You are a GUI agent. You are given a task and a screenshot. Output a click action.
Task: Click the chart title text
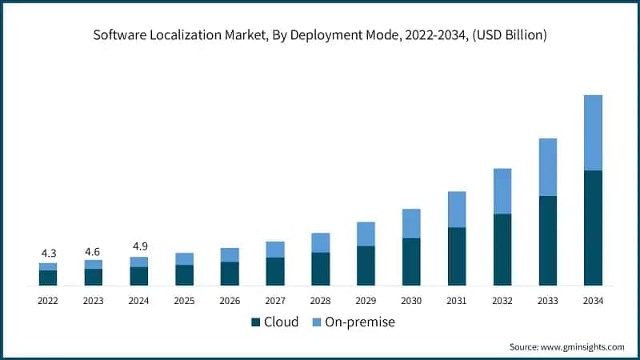point(320,34)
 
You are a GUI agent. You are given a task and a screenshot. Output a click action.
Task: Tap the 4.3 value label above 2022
point(48,254)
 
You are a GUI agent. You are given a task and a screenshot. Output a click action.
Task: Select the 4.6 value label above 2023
point(94,251)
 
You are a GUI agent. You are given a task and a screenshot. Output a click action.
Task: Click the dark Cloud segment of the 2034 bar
point(593,228)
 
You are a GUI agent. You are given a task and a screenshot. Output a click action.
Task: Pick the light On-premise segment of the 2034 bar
point(593,133)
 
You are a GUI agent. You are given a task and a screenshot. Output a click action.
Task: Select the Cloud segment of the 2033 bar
point(547,240)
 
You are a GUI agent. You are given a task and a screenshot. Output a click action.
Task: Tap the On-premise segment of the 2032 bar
point(502,191)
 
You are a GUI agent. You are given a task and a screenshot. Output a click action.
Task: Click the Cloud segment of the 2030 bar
point(411,262)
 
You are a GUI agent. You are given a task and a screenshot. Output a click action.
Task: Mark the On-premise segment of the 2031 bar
point(457,210)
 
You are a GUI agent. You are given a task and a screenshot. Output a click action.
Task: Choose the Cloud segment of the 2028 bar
point(321,269)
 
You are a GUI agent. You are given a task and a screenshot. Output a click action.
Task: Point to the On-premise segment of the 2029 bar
point(366,234)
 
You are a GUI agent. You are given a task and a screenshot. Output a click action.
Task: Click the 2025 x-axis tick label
point(184,300)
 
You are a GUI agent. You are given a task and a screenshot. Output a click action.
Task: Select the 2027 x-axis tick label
point(275,300)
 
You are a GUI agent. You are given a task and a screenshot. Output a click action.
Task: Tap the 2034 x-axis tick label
point(593,300)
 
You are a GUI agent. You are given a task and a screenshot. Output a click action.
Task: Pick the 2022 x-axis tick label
point(48,300)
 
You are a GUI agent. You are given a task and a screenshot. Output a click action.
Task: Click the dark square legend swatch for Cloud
point(256,322)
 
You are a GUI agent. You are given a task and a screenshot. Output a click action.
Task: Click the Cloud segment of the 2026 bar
point(230,274)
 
